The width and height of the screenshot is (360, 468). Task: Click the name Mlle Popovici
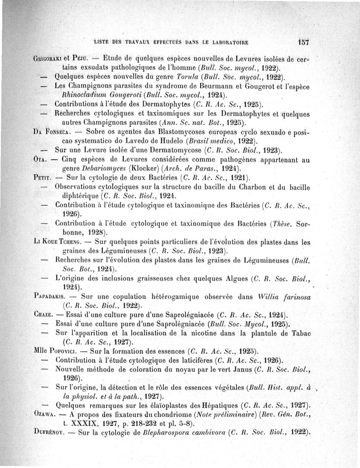pos(56,351)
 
